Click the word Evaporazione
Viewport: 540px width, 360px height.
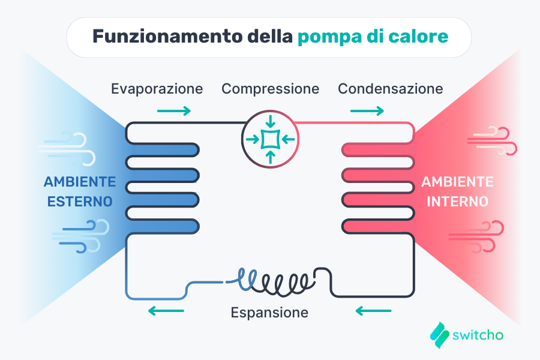tap(157, 89)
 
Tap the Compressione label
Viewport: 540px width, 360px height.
tap(270, 89)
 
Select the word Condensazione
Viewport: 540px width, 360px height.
tap(390, 89)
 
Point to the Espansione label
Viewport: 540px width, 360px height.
tap(269, 313)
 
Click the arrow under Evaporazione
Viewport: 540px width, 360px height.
tap(174, 110)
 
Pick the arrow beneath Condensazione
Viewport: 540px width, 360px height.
tap(367, 110)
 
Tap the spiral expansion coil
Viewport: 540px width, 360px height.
tap(276, 280)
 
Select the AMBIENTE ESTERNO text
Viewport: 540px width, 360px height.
tap(79, 191)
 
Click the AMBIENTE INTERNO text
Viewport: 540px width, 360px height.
tap(457, 191)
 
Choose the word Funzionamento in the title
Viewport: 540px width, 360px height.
tap(166, 37)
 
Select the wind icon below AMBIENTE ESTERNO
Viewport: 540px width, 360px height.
tap(84, 236)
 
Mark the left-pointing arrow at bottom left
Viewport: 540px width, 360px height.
tap(166, 311)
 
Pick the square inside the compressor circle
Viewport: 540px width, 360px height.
tap(270, 139)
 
